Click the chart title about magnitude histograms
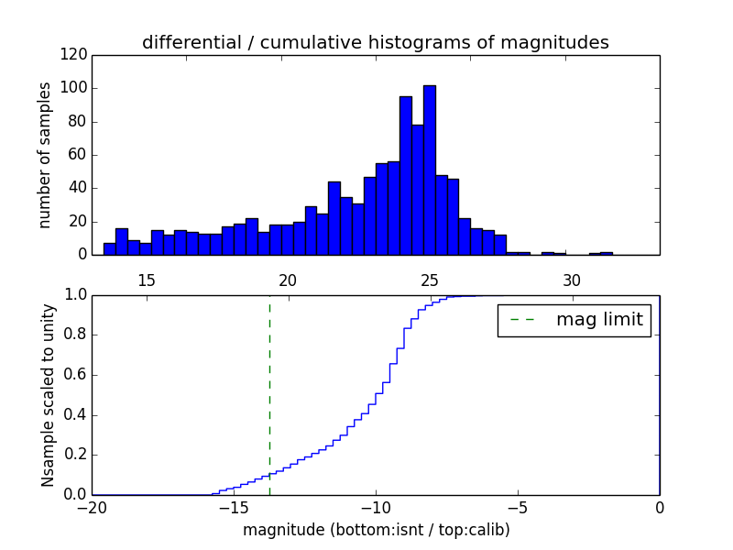(x=375, y=43)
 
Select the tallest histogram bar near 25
(x=429, y=170)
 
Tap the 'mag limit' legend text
(x=599, y=320)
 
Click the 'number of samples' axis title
(x=45, y=155)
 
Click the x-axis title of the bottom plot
(x=376, y=530)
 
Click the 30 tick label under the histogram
(x=572, y=280)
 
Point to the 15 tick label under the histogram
(x=146, y=280)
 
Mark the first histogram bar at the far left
(x=109, y=248)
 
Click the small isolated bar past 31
(x=607, y=253)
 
